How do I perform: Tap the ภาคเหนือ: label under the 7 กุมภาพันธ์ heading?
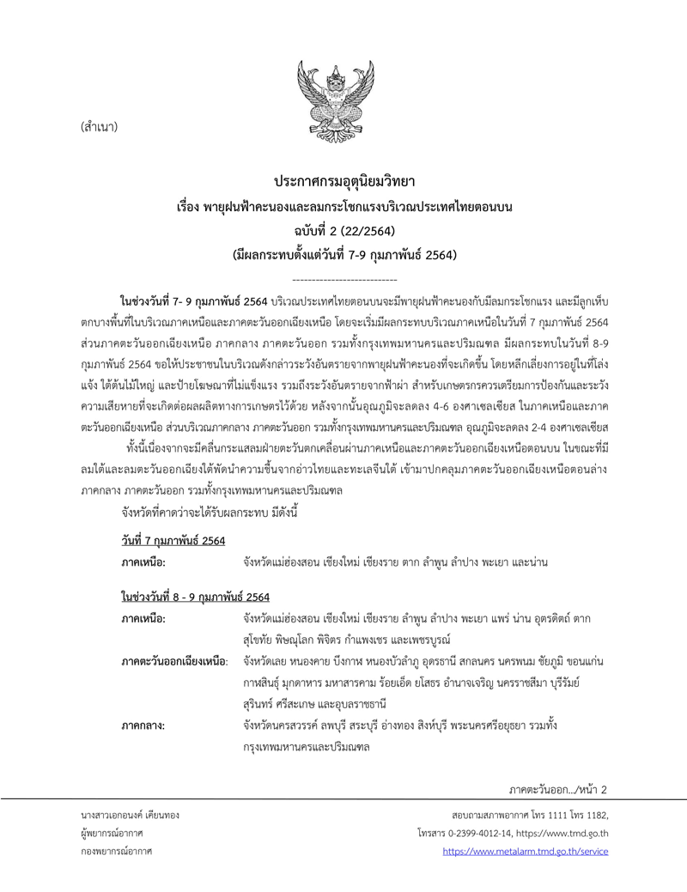[143, 561]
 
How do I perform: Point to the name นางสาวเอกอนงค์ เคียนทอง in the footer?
[130, 814]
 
